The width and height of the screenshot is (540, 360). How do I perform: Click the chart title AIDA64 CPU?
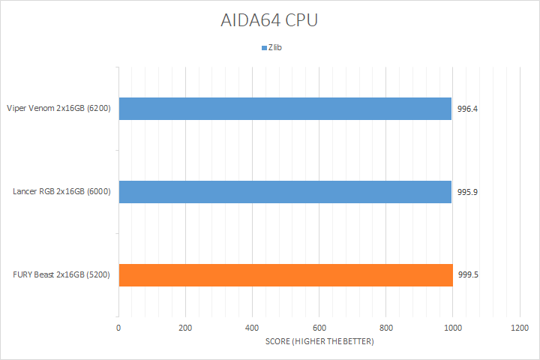click(269, 20)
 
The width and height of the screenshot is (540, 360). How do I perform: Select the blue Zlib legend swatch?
click(264, 48)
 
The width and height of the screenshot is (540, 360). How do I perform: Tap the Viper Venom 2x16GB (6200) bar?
click(285, 109)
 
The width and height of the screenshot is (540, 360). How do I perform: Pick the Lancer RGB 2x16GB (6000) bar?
click(285, 192)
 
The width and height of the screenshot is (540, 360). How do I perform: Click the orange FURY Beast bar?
click(286, 274)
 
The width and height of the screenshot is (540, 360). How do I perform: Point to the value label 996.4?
click(468, 109)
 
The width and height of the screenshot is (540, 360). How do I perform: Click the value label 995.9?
click(468, 192)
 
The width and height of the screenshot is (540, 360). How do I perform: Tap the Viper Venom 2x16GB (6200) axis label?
click(58, 109)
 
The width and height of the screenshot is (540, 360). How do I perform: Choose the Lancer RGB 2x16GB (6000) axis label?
click(62, 192)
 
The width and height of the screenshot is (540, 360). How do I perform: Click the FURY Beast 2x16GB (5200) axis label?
click(61, 274)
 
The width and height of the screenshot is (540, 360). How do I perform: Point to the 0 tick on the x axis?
click(118, 328)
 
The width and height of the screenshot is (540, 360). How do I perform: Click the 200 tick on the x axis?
click(185, 328)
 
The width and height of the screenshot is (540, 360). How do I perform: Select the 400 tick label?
click(252, 328)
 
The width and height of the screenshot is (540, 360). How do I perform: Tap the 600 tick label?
click(319, 328)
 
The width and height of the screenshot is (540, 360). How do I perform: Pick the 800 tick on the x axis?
click(385, 328)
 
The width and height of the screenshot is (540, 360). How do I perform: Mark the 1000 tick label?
click(452, 328)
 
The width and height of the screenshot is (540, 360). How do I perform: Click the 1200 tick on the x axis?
click(519, 328)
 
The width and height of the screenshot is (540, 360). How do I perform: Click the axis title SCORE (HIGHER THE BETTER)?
click(319, 342)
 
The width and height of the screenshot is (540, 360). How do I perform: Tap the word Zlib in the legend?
click(275, 48)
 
